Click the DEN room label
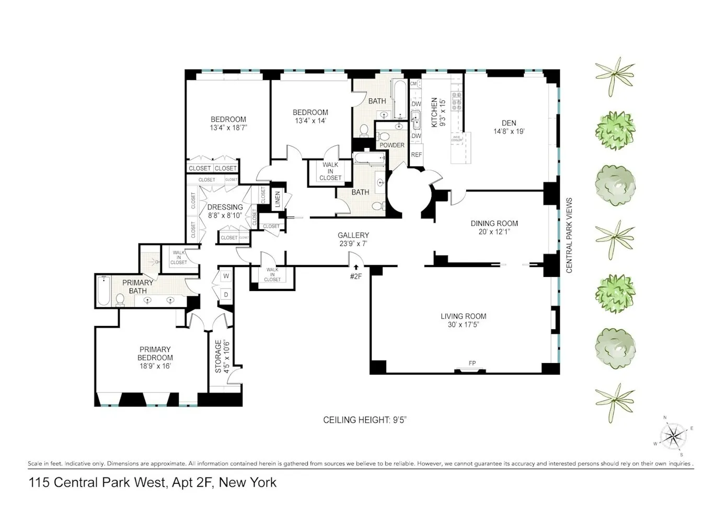click(x=509, y=123)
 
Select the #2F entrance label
click(x=355, y=276)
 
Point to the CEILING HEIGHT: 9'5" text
click(x=364, y=420)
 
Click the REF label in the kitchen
click(x=416, y=155)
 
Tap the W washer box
click(x=226, y=275)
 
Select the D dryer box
click(x=226, y=294)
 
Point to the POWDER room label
click(x=392, y=145)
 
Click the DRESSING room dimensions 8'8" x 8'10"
click(x=225, y=215)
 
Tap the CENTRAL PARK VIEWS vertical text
click(x=569, y=235)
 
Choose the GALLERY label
click(x=353, y=236)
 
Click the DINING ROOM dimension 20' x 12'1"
click(x=494, y=231)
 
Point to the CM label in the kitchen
click(x=413, y=84)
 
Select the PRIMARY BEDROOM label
click(x=155, y=354)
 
